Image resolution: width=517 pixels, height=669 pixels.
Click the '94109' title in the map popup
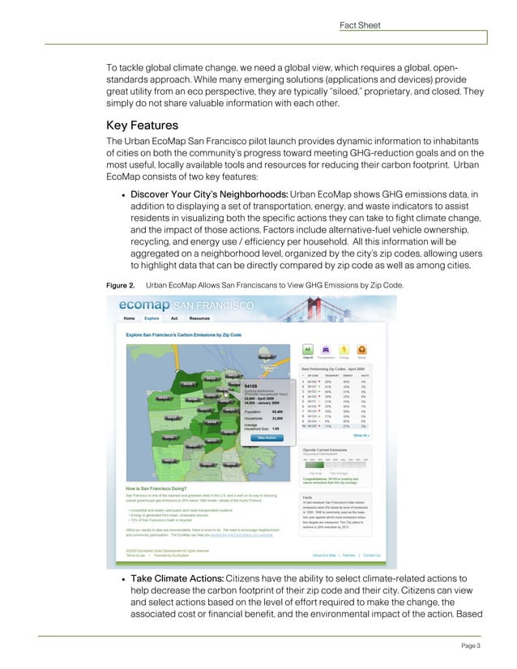click(251, 386)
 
